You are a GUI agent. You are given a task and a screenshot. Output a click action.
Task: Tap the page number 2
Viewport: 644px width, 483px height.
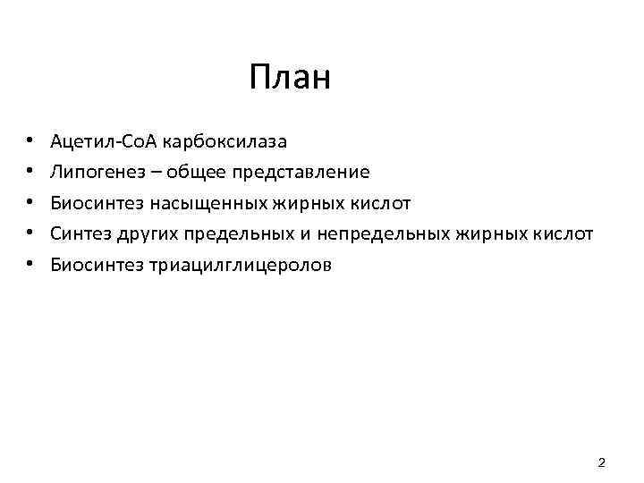(x=601, y=462)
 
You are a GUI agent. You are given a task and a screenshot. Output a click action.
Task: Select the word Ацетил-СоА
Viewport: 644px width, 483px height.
(x=104, y=141)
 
